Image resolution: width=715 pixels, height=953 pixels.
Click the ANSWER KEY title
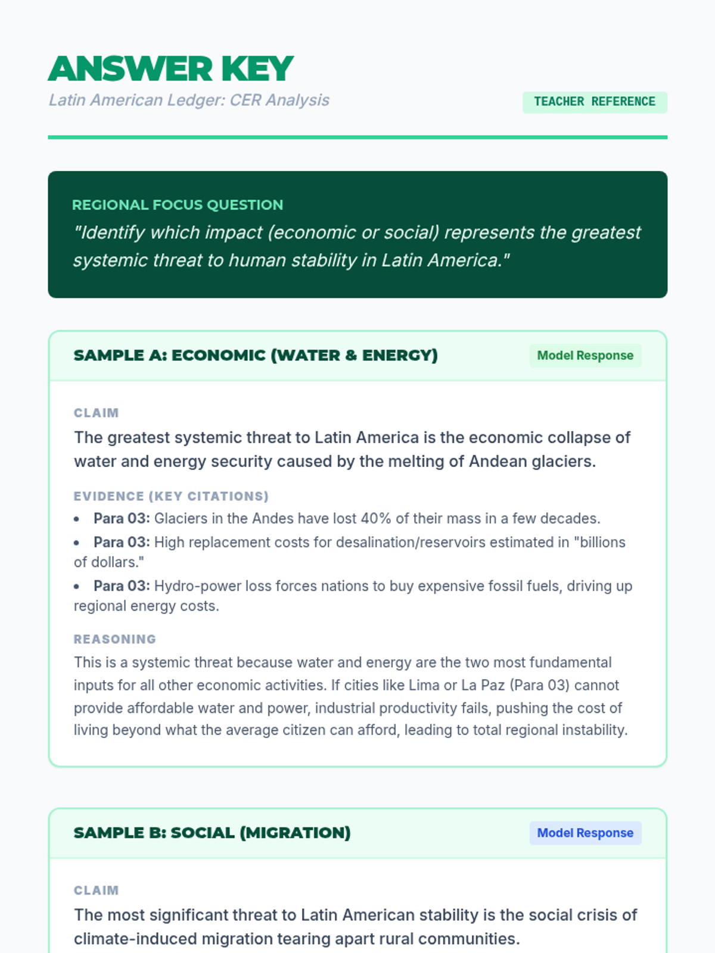coord(171,68)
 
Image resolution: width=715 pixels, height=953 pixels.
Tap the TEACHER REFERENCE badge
coord(595,102)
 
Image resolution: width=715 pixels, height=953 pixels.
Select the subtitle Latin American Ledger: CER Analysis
coord(189,100)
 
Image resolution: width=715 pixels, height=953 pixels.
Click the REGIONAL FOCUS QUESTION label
coord(178,205)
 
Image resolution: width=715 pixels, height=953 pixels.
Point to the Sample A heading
coord(256,356)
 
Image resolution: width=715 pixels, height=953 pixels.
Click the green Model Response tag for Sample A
coord(585,356)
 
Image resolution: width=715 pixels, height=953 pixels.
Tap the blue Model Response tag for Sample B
coord(585,833)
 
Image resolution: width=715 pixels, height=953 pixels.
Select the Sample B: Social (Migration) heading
coord(212,833)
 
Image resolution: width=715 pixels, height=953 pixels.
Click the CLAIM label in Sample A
coord(97,413)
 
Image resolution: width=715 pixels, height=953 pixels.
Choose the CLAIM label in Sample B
coord(97,890)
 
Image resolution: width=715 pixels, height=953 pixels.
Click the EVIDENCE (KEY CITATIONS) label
coord(171,497)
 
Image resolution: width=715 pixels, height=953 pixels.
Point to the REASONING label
coord(115,640)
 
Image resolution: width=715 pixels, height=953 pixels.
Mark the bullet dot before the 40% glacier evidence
coord(77,519)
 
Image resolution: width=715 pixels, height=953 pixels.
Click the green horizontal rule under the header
coord(357,138)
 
